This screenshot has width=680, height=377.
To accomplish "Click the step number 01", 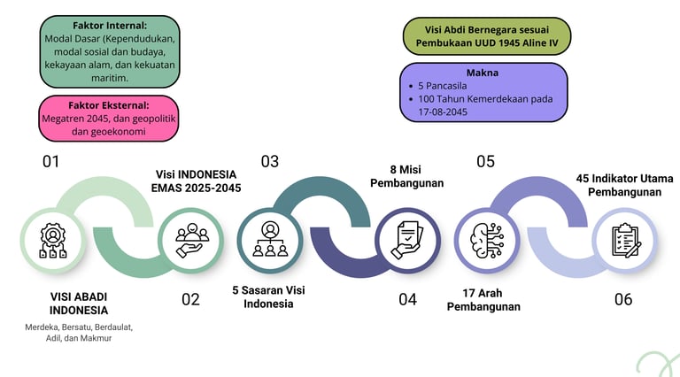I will point(50,161).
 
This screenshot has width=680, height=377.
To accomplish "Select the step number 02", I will point(190,299).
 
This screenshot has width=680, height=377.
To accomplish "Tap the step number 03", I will point(269,161).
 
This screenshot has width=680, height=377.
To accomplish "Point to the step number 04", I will point(406,299).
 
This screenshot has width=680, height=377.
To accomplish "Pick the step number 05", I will point(485,161).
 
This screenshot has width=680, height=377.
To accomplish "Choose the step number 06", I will point(623,299).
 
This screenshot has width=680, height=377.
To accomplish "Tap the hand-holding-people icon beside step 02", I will point(191,240).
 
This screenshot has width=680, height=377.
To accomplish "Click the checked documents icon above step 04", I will point(407,240).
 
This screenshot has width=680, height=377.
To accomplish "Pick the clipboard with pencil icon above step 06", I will point(624,240).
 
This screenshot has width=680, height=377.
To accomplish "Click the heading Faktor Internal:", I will point(110,26).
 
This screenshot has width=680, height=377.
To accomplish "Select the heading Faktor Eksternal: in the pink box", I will point(108,104).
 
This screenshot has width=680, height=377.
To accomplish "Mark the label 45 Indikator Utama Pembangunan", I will point(624,184).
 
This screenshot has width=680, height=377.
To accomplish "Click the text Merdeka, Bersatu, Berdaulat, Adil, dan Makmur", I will point(78,333).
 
